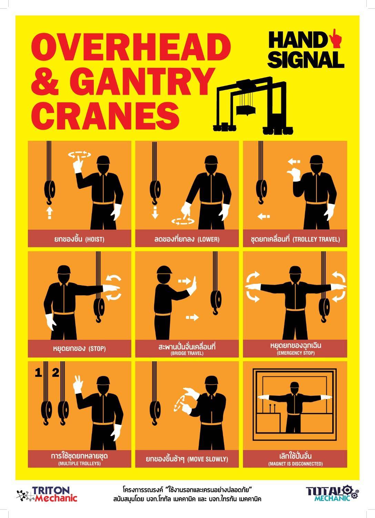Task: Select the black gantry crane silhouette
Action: pyautogui.click(x=253, y=105)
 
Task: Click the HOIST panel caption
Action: pyautogui.click(x=79, y=239)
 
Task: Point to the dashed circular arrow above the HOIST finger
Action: pyautogui.click(x=79, y=155)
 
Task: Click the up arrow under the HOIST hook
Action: pyautogui.click(x=49, y=213)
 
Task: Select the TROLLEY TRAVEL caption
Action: pyautogui.click(x=295, y=239)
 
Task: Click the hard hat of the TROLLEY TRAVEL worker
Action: pyautogui.click(x=316, y=160)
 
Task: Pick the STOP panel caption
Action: pyautogui.click(x=79, y=348)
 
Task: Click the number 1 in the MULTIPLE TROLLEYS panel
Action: pyautogui.click(x=38, y=373)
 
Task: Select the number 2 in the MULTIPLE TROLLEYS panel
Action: pyautogui.click(x=55, y=373)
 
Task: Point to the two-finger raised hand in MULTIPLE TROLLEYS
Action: pyautogui.click(x=78, y=385)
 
